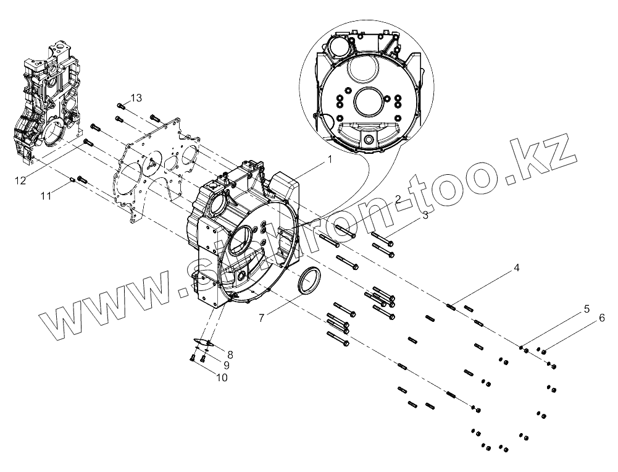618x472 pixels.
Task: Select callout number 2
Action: [x=399, y=199]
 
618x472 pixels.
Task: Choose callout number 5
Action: [x=587, y=309]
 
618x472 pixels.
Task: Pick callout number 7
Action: [x=262, y=318]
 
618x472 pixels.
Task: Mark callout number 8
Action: [x=230, y=354]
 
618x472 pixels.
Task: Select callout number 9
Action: [x=226, y=365]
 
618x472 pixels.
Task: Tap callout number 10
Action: [x=220, y=376]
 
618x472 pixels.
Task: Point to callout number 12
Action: [x=21, y=180]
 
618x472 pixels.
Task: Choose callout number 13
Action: [x=136, y=98]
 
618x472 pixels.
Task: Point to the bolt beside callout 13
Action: [x=120, y=107]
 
